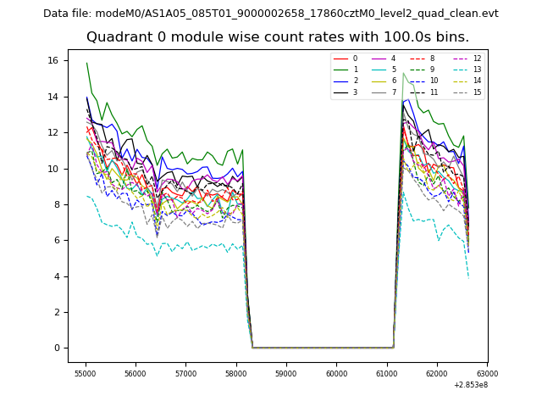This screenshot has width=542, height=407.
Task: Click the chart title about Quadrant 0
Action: tap(277, 37)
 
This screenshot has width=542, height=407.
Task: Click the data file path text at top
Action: tap(271, 14)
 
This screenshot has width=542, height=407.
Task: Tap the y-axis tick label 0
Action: tap(58, 348)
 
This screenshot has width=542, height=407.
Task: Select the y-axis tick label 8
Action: tap(58, 204)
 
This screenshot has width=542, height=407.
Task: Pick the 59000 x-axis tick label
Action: tap(286, 373)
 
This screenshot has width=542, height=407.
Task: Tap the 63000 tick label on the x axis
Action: tap(487, 373)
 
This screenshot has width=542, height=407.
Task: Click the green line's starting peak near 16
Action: tap(86, 63)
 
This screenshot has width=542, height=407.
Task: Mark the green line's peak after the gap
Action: tap(404, 73)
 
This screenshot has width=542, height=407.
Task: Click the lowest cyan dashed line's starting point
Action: tap(86, 196)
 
